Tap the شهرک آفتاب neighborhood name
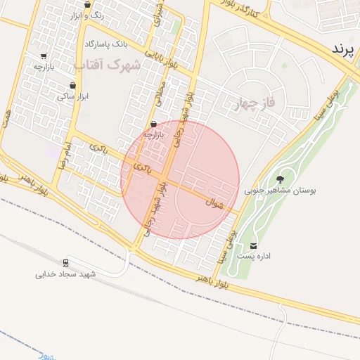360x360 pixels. (107, 64)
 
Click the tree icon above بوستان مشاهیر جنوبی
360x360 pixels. (281, 179)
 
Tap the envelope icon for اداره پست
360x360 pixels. (253, 245)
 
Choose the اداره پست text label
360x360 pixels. (254, 256)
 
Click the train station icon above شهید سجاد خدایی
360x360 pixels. (66, 263)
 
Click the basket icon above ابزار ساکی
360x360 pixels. (72, 85)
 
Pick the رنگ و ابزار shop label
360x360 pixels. (88, 15)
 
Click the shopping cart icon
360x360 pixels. (44, 56)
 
